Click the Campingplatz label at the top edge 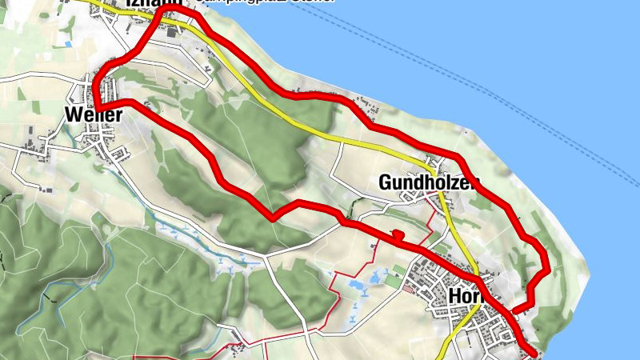tap(264, 2)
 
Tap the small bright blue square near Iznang tap(68, 44)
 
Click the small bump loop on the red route tap(397, 234)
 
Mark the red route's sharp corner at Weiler tap(96, 106)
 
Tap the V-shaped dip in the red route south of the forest tap(273, 216)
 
